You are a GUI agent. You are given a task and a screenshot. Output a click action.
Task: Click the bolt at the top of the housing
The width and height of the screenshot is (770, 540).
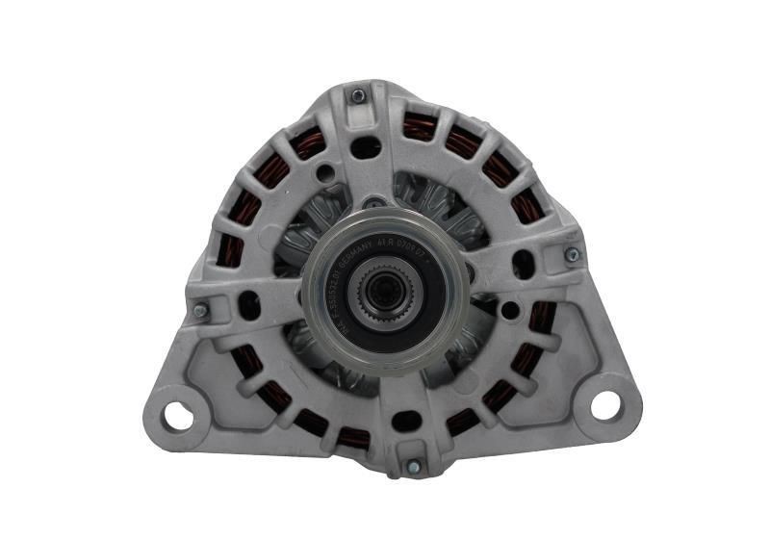[x=358, y=95]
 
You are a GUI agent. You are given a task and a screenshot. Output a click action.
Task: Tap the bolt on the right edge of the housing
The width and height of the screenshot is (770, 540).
[x=572, y=254]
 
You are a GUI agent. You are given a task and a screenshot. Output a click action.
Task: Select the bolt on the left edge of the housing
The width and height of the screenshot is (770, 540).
[x=200, y=312]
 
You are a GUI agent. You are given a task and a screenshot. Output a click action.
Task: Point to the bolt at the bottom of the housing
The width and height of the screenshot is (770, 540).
[x=413, y=467]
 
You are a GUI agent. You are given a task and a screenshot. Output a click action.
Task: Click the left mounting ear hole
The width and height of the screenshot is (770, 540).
[x=177, y=415]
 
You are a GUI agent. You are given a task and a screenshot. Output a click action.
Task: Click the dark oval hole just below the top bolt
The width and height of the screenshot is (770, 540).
[x=366, y=147]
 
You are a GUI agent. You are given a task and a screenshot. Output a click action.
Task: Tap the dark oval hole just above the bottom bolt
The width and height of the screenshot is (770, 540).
[x=406, y=421]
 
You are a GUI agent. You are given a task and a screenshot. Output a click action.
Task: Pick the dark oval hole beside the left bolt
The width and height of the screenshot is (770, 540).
[x=249, y=305]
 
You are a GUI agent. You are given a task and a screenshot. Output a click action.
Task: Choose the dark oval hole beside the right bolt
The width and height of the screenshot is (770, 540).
[x=523, y=263]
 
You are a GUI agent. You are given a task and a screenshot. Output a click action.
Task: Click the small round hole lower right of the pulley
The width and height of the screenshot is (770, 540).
[x=511, y=311]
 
